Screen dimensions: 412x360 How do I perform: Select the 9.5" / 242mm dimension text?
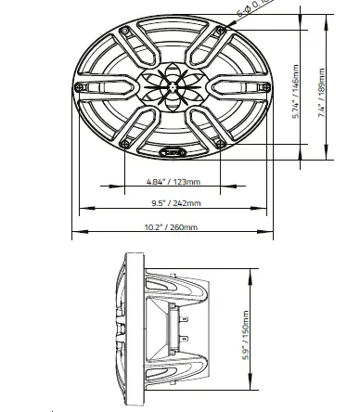171,204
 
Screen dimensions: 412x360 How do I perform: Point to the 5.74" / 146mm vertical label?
295,91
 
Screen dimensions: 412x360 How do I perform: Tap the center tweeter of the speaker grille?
172,90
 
